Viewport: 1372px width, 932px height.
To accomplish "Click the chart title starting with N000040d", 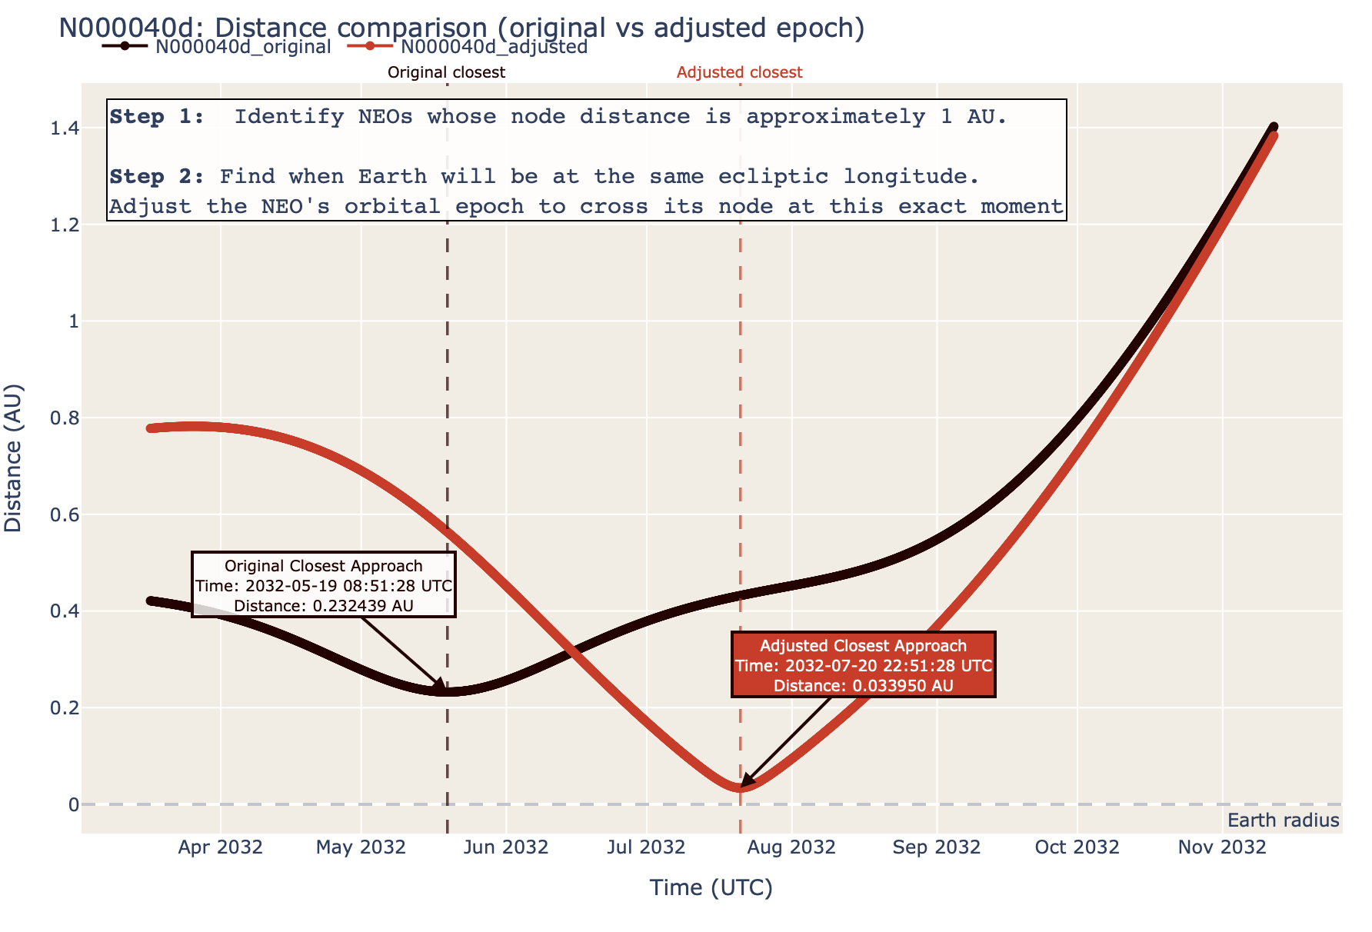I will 461,28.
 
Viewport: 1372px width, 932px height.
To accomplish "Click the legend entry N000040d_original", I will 242,47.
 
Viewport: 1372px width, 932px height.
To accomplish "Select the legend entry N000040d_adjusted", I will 494,47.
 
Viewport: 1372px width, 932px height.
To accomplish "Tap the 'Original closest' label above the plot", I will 446,72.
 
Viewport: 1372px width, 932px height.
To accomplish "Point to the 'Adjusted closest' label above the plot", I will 739,72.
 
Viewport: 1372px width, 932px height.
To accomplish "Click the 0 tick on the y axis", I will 74,804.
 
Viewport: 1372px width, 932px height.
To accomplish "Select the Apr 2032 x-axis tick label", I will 221,847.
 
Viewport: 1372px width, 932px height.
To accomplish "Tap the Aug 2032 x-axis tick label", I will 793,847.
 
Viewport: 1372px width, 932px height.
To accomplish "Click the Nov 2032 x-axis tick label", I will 1222,847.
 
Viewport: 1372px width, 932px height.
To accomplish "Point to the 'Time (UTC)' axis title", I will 711,888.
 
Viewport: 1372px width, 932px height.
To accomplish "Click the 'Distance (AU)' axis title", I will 14,458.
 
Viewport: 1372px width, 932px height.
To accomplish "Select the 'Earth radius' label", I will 1283,820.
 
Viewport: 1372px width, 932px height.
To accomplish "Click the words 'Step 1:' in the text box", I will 157,117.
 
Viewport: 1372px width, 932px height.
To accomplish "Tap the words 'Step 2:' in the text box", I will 157,177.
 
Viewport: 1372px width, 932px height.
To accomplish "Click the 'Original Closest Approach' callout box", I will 323,585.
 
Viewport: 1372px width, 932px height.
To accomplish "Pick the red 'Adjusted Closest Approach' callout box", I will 863,665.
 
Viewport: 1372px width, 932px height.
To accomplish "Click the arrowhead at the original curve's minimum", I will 441,686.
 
